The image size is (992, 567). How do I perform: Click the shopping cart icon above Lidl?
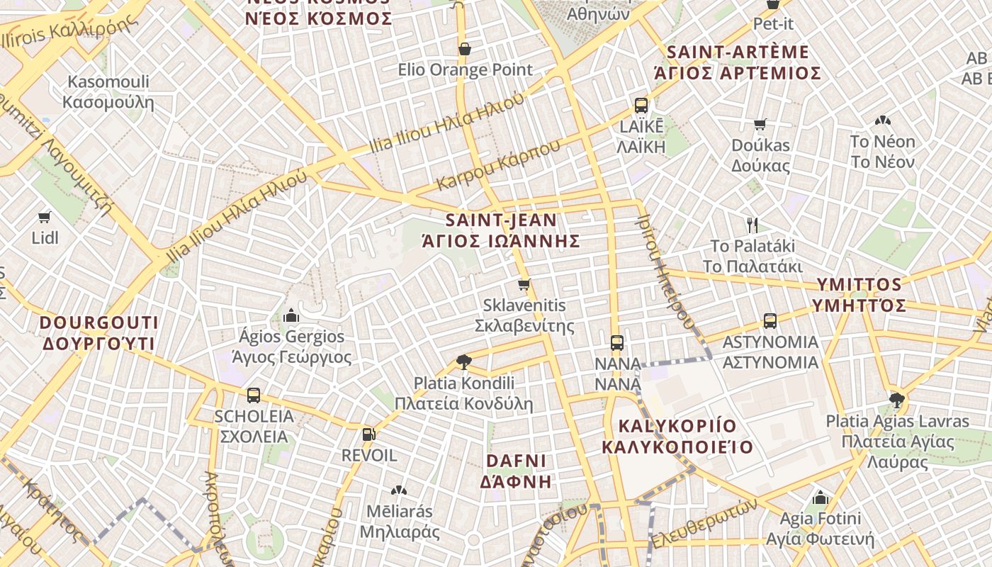click(45, 217)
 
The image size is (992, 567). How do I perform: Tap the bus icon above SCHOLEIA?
click(253, 395)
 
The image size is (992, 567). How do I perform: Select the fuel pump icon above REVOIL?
click(368, 434)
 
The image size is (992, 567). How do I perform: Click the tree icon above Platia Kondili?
click(464, 362)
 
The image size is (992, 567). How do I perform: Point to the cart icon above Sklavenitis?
click(524, 285)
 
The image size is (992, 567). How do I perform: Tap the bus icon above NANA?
click(617, 343)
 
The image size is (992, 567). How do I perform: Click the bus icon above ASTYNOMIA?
click(770, 321)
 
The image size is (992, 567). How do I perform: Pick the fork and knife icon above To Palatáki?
click(753, 225)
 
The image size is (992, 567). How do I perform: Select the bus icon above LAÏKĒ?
click(641, 106)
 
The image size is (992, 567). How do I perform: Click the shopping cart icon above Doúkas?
click(760, 125)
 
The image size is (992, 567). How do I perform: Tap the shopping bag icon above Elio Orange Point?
click(465, 49)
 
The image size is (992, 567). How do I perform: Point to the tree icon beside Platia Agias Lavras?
click(897, 400)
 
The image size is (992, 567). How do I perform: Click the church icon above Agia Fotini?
click(821, 498)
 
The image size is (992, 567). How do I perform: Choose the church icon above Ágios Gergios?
click(291, 315)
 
